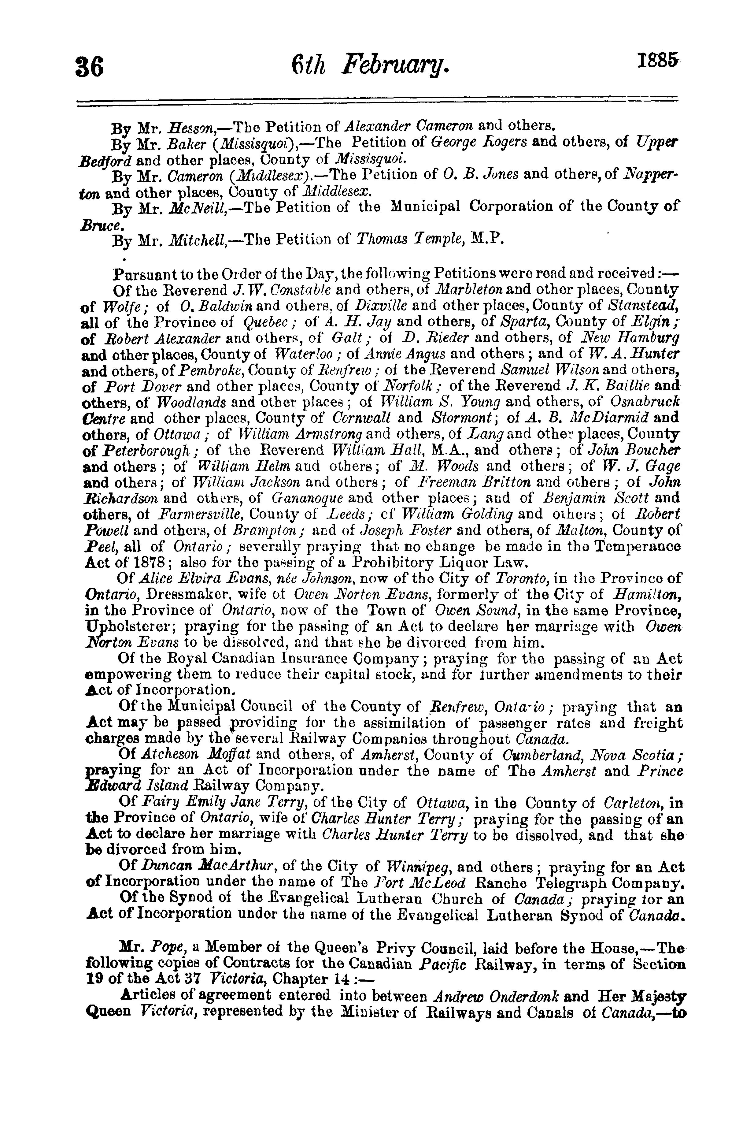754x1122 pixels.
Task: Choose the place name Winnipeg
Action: (x=416, y=867)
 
